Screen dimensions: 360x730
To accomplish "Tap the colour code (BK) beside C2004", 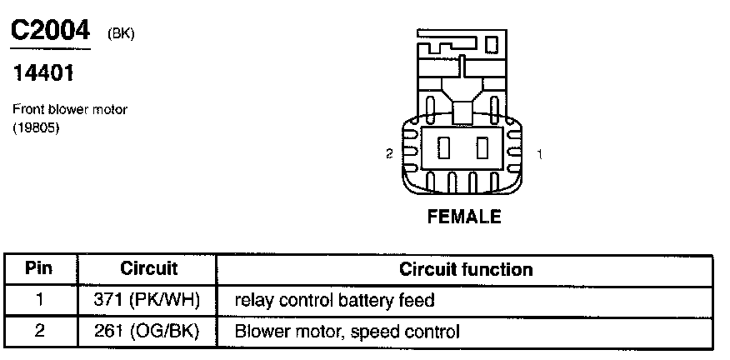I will coord(121,33).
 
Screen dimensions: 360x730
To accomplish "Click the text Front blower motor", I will coord(70,110).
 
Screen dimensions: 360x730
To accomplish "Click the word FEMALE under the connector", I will coord(464,217).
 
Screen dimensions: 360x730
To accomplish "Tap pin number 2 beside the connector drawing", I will coord(388,154).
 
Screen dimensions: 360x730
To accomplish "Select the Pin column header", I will coord(39,269).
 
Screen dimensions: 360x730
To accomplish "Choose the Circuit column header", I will coord(149,269).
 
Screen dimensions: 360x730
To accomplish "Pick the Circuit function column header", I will coord(466,269).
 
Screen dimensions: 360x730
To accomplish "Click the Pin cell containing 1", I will coord(39,300).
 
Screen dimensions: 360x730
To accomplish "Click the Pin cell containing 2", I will coord(39,332).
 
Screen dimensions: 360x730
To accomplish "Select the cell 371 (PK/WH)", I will coord(149,300).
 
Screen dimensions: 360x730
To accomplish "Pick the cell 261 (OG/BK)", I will coord(149,332).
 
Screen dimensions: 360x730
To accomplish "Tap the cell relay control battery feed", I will coord(335,300).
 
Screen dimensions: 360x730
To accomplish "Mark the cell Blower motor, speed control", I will coord(347,332).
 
